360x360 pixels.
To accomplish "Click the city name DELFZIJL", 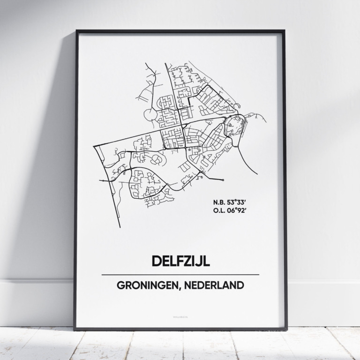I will (180, 261).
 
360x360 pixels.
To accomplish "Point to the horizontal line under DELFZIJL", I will (180, 275).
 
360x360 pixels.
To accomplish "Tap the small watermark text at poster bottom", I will (180, 322).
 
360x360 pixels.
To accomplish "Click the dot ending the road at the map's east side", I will (223, 180).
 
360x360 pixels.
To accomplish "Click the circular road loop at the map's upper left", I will (149, 114).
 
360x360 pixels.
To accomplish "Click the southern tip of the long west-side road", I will (120, 227).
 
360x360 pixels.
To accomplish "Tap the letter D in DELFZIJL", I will (155, 261).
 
